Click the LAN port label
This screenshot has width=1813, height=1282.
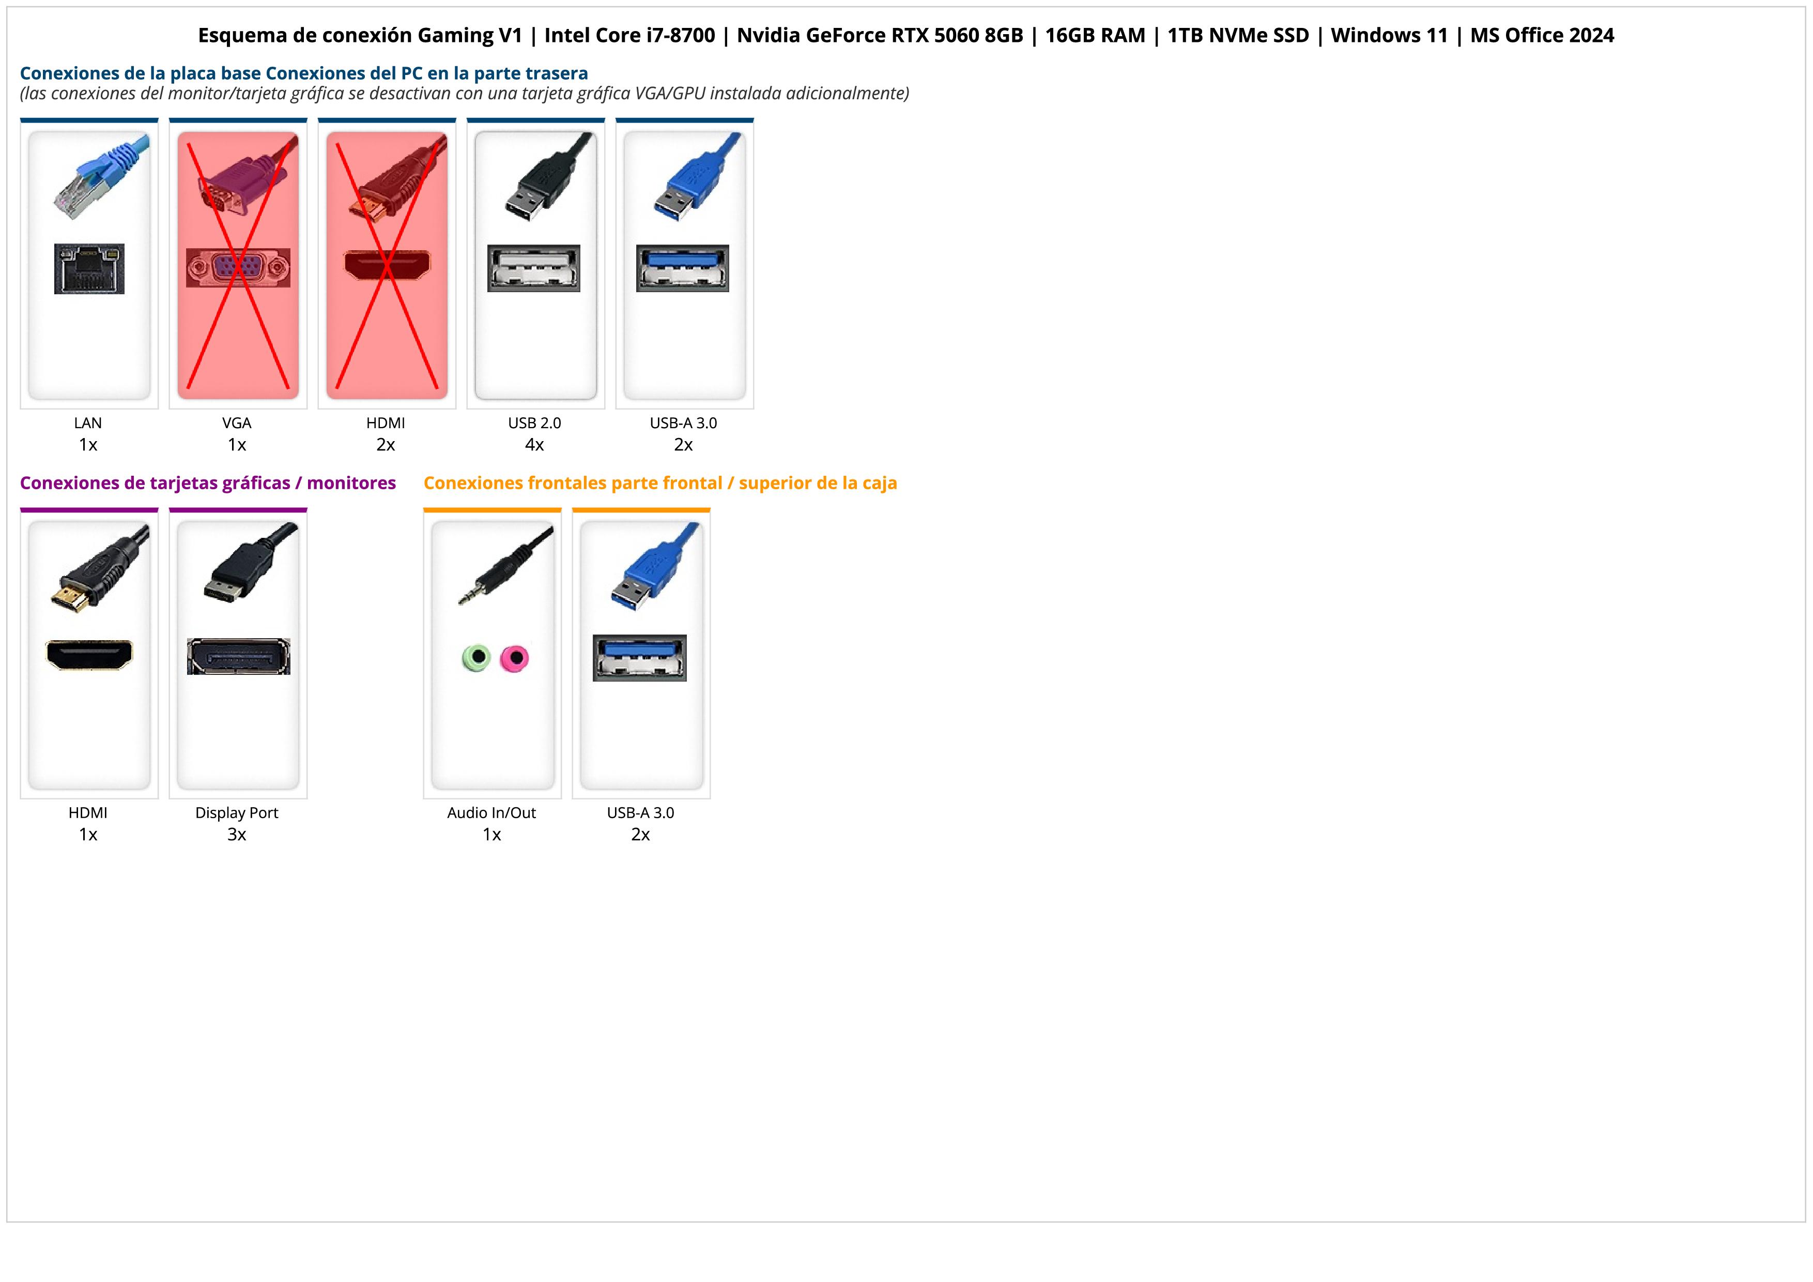point(88,423)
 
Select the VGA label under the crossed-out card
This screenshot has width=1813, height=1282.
point(237,423)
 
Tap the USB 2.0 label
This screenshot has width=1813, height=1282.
point(534,423)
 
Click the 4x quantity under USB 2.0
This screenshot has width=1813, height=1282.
point(534,445)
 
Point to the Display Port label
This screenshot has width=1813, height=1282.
point(237,813)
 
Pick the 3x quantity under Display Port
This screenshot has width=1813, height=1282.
point(237,835)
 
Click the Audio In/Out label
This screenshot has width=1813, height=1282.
point(491,813)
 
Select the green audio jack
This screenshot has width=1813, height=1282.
point(476,657)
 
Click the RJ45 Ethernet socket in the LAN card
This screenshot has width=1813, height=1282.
point(89,268)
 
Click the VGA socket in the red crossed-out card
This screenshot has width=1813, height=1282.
point(238,268)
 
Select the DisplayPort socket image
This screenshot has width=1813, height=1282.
point(238,656)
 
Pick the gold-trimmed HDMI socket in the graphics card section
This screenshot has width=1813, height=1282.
point(89,655)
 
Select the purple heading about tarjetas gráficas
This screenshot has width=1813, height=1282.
point(208,484)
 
